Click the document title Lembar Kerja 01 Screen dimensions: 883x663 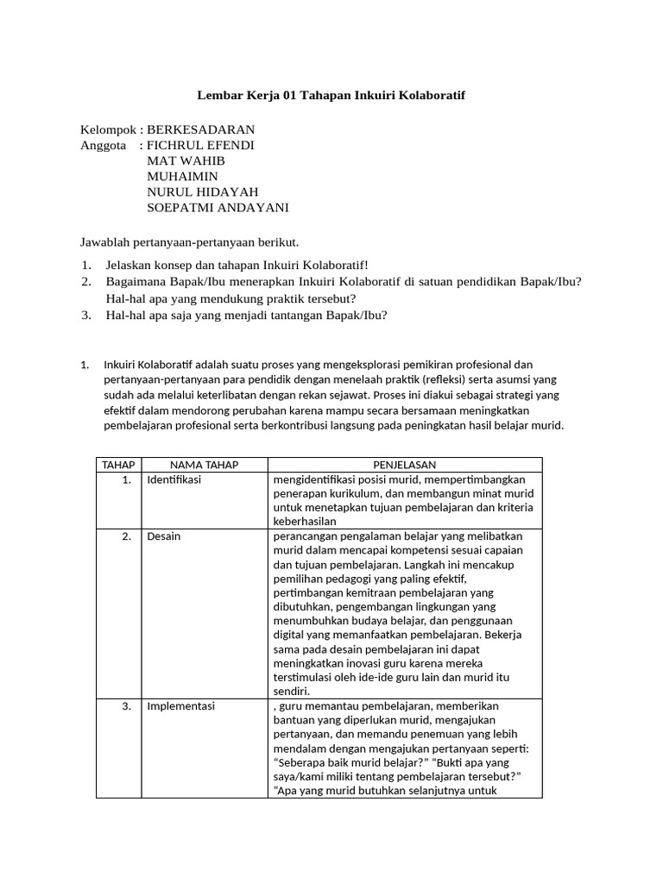tap(331, 95)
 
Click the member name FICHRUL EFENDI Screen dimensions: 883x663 tap(200, 145)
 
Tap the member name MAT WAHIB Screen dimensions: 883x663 tap(186, 160)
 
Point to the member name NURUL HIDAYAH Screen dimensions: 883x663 tap(203, 191)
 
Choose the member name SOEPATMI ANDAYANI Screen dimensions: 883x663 tap(218, 207)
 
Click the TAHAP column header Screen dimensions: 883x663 tap(118, 465)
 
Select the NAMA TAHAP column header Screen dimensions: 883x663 tap(205, 465)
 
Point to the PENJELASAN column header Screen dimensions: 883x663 tap(405, 465)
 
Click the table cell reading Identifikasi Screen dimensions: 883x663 tap(174, 479)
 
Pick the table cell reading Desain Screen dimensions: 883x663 tap(164, 536)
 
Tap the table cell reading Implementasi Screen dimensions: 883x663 tap(180, 706)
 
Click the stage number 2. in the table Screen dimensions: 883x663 tap(126, 536)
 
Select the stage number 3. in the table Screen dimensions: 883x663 tap(126, 706)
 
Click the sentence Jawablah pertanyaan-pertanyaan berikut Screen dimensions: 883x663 tap(189, 241)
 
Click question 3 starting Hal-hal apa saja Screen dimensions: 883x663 tap(246, 315)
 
